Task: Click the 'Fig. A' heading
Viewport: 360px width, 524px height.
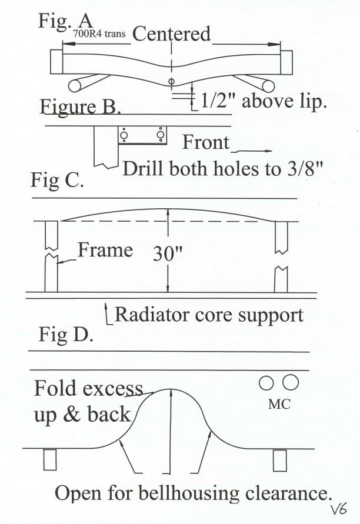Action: pyautogui.click(x=65, y=21)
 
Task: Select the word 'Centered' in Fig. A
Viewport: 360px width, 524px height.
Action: pyautogui.click(x=172, y=34)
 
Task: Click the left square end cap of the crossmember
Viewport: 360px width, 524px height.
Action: pyautogui.click(x=56, y=62)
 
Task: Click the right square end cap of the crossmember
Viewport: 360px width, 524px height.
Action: pyautogui.click(x=286, y=62)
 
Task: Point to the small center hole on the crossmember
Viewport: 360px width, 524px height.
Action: pyautogui.click(x=172, y=81)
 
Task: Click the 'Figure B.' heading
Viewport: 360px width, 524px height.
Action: pyautogui.click(x=80, y=107)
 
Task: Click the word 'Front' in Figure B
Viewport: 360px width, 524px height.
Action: pyautogui.click(x=206, y=142)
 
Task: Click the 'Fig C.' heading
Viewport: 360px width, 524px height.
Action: pyautogui.click(x=57, y=181)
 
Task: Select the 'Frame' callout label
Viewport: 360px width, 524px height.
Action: pyautogui.click(x=105, y=250)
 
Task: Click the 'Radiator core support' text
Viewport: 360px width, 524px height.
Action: pyautogui.click(x=209, y=315)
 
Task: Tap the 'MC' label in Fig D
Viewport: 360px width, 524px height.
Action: pyautogui.click(x=279, y=404)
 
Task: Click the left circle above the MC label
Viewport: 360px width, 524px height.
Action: pyautogui.click(x=266, y=383)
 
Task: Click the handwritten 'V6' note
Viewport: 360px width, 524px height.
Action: pyautogui.click(x=338, y=509)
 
